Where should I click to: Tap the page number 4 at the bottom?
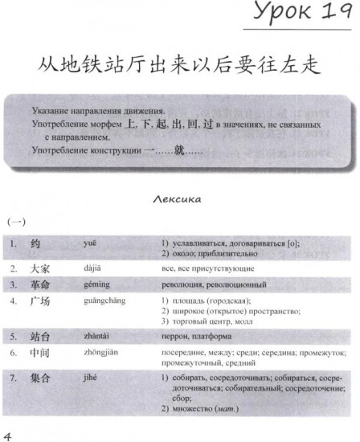(x=7, y=434)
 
